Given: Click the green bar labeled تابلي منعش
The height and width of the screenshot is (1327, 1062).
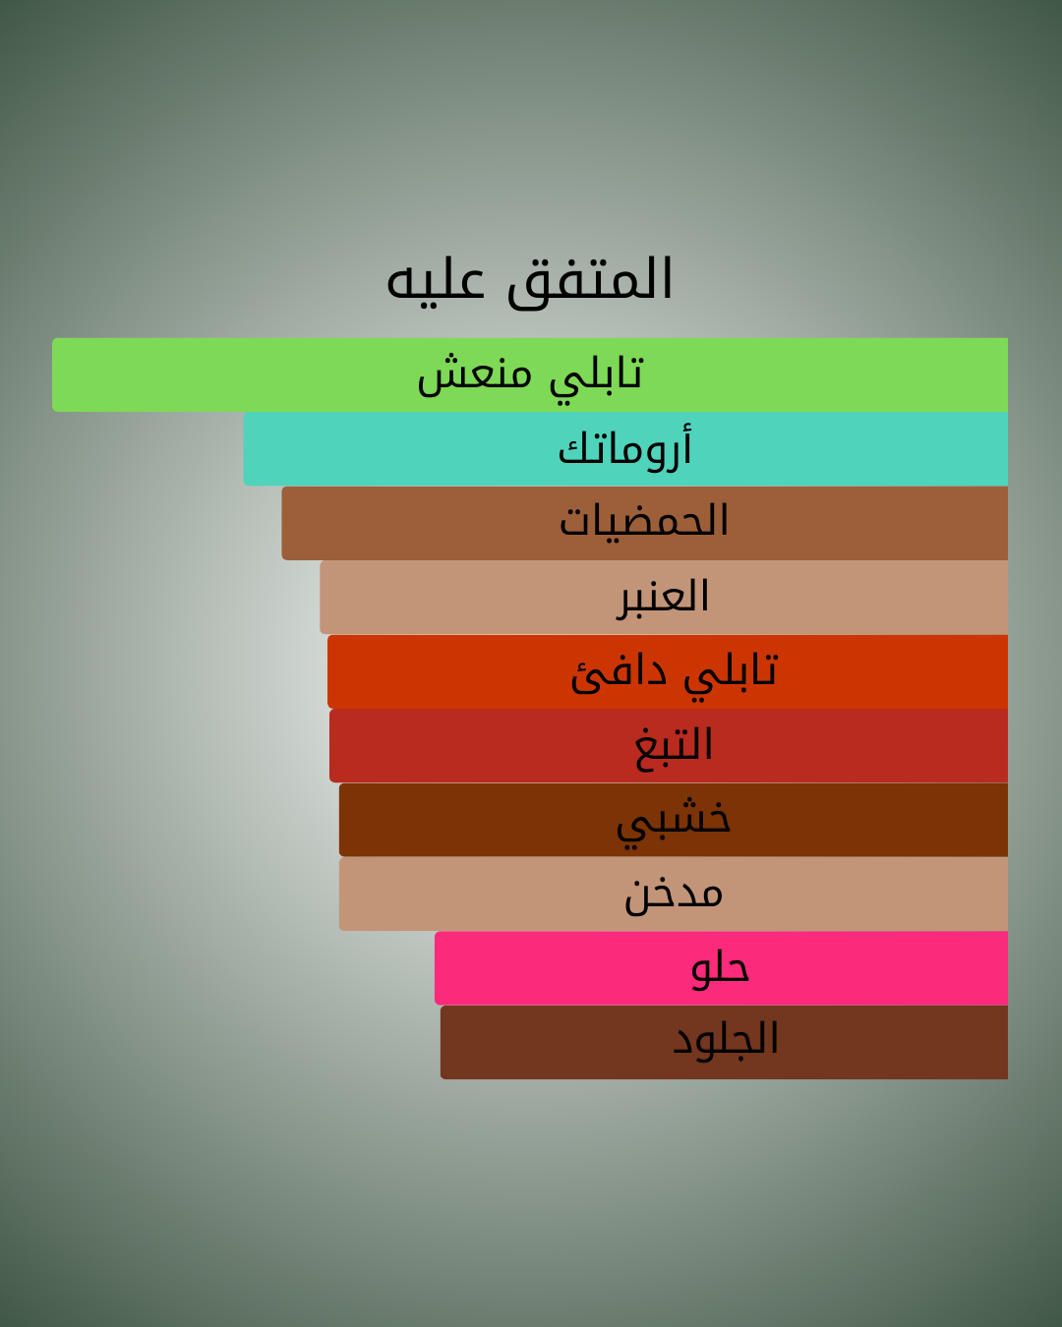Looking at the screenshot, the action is (530, 375).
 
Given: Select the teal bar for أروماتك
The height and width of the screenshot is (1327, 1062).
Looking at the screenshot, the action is (625, 449).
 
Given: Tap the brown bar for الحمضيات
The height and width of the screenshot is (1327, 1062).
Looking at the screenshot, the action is (645, 523).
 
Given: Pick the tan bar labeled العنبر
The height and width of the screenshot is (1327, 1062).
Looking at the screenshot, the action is (664, 597).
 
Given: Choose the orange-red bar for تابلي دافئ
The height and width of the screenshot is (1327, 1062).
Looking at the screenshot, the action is (668, 671).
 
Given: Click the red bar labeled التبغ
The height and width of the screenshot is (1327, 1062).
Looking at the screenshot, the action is (669, 745).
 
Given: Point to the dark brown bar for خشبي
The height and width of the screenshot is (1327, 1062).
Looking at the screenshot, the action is (674, 820).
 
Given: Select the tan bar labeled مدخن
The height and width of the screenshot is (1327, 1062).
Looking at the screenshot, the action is (674, 894).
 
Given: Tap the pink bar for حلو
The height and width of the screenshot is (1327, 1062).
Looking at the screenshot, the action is (722, 968).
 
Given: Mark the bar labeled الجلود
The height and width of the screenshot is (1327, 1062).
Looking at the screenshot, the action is (725, 1042).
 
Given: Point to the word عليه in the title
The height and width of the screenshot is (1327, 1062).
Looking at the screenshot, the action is (435, 282).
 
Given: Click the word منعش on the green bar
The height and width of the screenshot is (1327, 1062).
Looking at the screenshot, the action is (475, 375).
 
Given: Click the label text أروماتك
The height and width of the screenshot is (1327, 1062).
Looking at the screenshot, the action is (625, 448).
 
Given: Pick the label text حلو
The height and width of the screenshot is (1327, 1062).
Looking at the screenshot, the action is (720, 969).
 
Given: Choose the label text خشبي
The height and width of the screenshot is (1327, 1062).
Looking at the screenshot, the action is (674, 823).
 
